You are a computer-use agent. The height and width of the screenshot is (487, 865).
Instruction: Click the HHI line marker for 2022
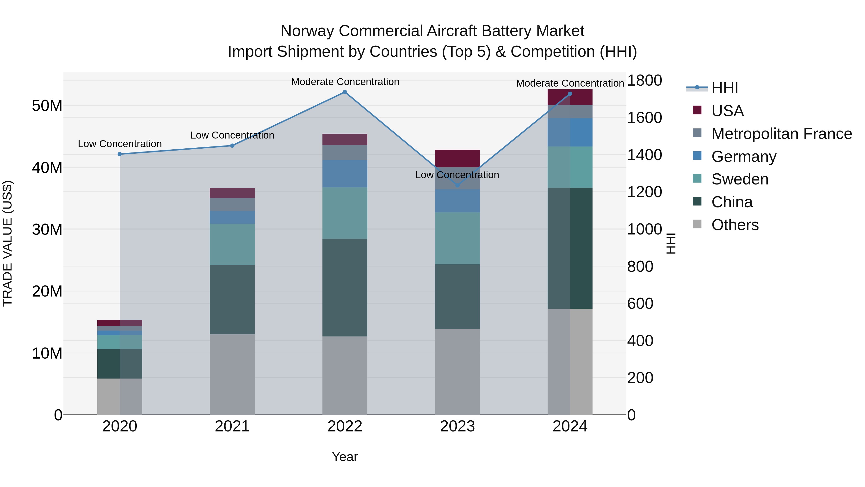click(345, 92)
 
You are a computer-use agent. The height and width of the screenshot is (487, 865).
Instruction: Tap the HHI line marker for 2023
click(457, 185)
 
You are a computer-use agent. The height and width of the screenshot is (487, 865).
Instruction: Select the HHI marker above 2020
click(120, 154)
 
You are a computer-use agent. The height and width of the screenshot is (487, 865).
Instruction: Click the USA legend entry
click(727, 111)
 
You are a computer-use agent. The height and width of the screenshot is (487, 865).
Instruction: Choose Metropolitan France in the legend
click(781, 134)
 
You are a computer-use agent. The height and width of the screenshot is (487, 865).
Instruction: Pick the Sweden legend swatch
click(697, 178)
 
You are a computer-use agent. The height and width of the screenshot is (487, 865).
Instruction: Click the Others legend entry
click(735, 225)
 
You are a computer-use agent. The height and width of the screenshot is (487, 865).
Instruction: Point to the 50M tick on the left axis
click(47, 106)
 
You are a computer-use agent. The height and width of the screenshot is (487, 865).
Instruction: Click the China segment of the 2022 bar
click(345, 287)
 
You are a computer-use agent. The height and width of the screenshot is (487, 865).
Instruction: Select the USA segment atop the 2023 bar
click(457, 158)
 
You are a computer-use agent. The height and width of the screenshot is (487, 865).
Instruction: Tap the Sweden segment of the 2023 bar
click(457, 238)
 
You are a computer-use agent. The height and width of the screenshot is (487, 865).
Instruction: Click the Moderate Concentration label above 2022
click(345, 82)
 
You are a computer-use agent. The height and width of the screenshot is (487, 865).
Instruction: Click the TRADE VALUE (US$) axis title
click(7, 243)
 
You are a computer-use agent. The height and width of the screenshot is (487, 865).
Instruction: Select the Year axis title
click(345, 457)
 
